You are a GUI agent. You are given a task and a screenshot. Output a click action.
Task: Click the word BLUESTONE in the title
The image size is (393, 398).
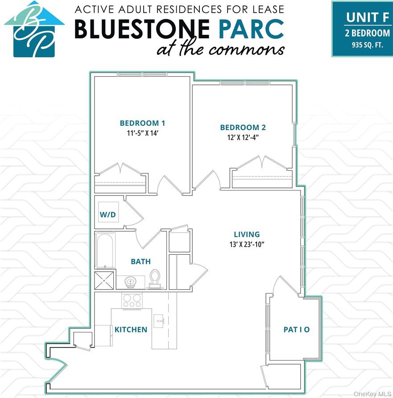click(x=141, y=29)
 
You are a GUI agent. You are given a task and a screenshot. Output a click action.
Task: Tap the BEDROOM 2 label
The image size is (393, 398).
click(x=243, y=128)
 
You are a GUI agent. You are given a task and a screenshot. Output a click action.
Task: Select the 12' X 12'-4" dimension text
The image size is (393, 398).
click(x=243, y=137)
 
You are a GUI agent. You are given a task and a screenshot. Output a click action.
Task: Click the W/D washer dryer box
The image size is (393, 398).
click(x=108, y=215)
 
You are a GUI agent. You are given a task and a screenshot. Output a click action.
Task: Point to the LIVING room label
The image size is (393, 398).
click(x=247, y=234)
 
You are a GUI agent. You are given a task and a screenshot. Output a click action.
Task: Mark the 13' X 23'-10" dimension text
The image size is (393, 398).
click(x=247, y=244)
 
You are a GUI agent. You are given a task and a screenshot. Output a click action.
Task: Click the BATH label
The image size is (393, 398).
click(x=141, y=261)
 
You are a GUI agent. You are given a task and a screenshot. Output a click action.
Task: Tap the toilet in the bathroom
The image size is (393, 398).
click(x=155, y=278)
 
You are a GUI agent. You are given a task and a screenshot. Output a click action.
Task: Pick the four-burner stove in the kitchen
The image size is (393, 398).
click(x=132, y=300)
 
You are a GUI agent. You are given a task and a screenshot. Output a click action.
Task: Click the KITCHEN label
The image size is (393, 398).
click(x=131, y=330)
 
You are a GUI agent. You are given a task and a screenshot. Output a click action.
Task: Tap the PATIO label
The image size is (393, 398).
click(x=297, y=330)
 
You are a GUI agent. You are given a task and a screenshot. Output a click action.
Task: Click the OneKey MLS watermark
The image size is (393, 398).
click(x=372, y=394)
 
